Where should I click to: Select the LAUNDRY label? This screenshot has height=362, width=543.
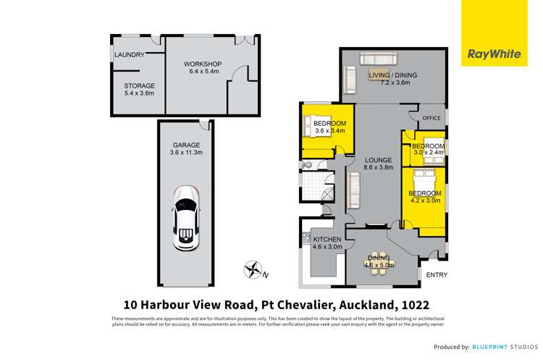click(x=131, y=55)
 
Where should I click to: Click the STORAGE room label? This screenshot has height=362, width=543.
click(x=139, y=85)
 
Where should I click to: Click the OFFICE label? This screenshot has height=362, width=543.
click(x=432, y=118)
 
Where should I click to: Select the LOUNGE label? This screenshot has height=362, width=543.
click(x=378, y=160)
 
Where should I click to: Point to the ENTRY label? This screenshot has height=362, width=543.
click(x=437, y=274)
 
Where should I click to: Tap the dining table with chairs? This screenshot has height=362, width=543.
click(x=379, y=262)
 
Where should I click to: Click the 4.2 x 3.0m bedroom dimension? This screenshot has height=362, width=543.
click(x=425, y=201)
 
